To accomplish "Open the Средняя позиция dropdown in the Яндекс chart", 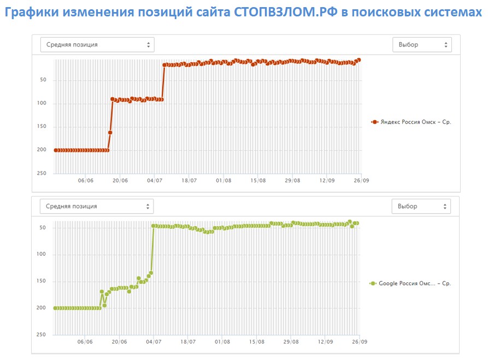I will [x=97, y=45].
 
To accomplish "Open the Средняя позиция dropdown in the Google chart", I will [x=97, y=206].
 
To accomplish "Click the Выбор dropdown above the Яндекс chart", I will [x=422, y=45].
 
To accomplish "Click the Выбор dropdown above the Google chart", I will [x=421, y=206].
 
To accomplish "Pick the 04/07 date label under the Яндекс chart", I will [x=155, y=180].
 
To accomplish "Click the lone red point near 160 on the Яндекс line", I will [x=110, y=132].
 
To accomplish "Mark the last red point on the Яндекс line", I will [x=358, y=60].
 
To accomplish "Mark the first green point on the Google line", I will [x=55, y=308].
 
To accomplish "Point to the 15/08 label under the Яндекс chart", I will [x=258, y=180].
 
